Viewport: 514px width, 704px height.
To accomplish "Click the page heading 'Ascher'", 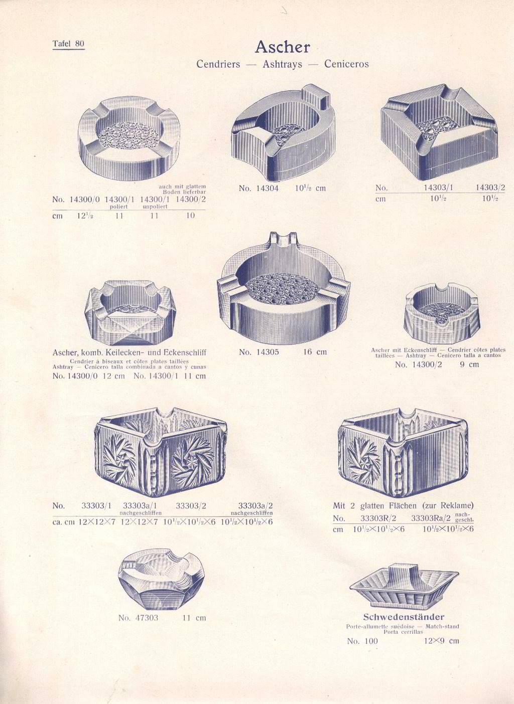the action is click(282, 47).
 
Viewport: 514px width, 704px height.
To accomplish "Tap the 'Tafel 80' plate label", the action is click(69, 44).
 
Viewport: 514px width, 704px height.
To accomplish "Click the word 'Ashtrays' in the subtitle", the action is click(282, 64).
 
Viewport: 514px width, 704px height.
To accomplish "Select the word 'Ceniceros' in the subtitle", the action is click(346, 64).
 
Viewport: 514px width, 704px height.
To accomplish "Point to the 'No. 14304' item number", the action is click(259, 188).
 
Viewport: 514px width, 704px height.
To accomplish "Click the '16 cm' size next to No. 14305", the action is click(315, 352).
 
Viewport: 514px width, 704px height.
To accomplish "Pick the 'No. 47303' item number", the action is click(138, 618).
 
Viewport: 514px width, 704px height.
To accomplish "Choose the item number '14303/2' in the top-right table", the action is click(490, 188).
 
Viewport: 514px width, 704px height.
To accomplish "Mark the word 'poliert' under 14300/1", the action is click(118, 207).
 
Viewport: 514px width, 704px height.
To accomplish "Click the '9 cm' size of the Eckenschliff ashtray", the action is click(469, 365).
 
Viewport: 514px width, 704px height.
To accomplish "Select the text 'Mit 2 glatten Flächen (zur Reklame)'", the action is click(403, 506).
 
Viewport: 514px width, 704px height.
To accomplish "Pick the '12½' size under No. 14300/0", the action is click(85, 216).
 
